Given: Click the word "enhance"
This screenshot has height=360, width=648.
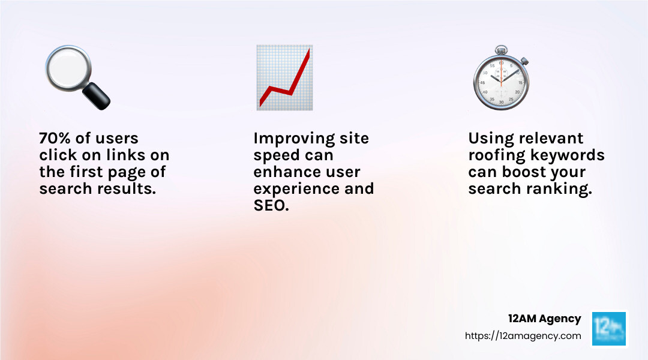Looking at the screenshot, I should [x=285, y=172].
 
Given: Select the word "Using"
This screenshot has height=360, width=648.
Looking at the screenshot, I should [x=489, y=139].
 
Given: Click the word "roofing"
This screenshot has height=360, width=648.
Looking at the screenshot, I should [x=496, y=155].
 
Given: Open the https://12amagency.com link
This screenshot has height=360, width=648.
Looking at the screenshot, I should [x=523, y=336].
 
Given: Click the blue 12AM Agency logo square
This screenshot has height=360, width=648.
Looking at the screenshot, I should [x=609, y=328].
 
